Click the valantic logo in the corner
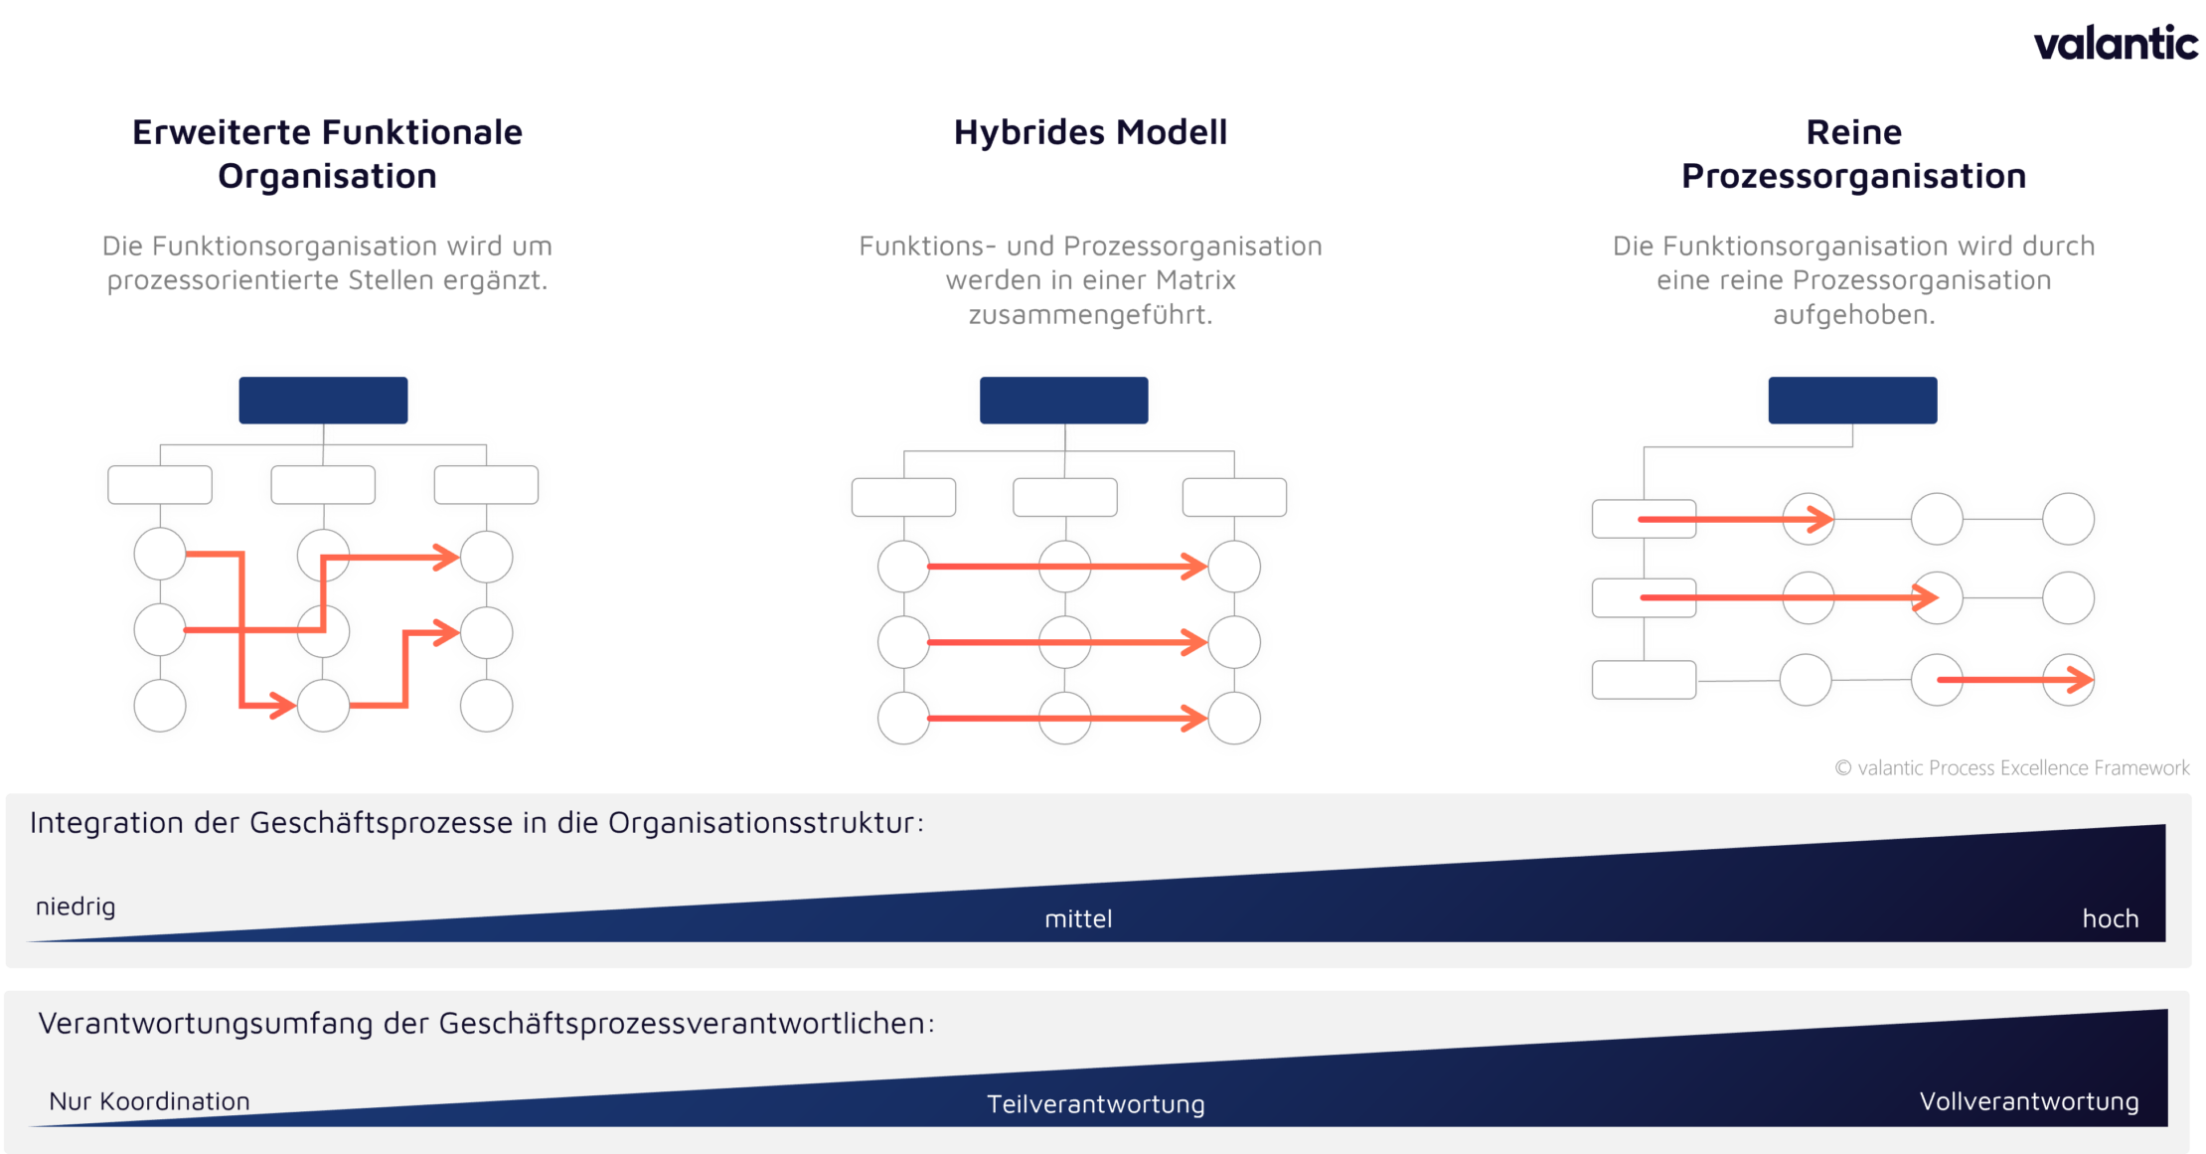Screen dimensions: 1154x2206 [2115, 44]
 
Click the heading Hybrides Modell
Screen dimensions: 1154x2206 [1090, 132]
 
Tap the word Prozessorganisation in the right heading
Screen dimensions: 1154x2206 [1853, 176]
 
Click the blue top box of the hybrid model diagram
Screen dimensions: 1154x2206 [1063, 401]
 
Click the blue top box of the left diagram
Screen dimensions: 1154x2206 [323, 401]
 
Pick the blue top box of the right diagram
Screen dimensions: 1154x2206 [1852, 401]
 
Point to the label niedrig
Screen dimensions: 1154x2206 [76, 907]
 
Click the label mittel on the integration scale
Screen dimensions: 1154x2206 [1078, 919]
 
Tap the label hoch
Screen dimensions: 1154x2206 [2110, 919]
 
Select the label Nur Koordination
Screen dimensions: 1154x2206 [149, 1101]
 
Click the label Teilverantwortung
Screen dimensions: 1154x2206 [1095, 1104]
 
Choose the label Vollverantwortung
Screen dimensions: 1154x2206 [2028, 1101]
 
